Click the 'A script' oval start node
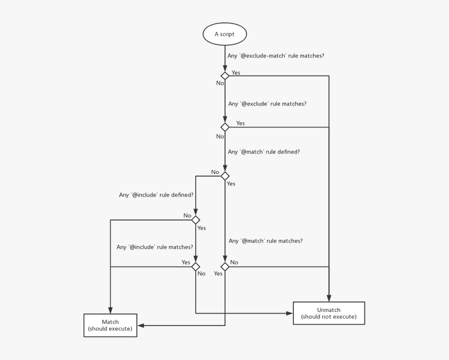pyautogui.click(x=224, y=34)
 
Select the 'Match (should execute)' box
pyautogui.click(x=110, y=325)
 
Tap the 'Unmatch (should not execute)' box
pyautogui.click(x=328, y=313)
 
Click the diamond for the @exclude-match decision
pyautogui.click(x=225, y=76)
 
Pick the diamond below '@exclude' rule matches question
pyautogui.click(x=225, y=127)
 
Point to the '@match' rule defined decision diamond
pyautogui.click(x=225, y=176)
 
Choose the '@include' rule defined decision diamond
pyautogui.click(x=196, y=219)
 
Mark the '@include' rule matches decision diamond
pyautogui.click(x=196, y=266)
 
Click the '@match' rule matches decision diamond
pyautogui.click(x=225, y=266)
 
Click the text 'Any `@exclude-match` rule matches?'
pyautogui.click(x=276, y=55)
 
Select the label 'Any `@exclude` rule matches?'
pyautogui.click(x=267, y=104)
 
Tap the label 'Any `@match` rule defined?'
pyautogui.click(x=264, y=152)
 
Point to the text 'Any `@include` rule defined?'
pyautogui.click(x=156, y=195)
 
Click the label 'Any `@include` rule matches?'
pyautogui.click(x=155, y=247)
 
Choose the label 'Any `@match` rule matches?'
pyautogui.click(x=265, y=241)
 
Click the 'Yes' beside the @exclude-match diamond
pyautogui.click(x=236, y=73)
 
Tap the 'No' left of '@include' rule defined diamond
pyautogui.click(x=187, y=215)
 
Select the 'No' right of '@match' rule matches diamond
pyautogui.click(x=234, y=262)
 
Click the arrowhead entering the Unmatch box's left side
pyautogui.click(x=290, y=313)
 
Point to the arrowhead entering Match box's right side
pyautogui.click(x=140, y=326)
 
